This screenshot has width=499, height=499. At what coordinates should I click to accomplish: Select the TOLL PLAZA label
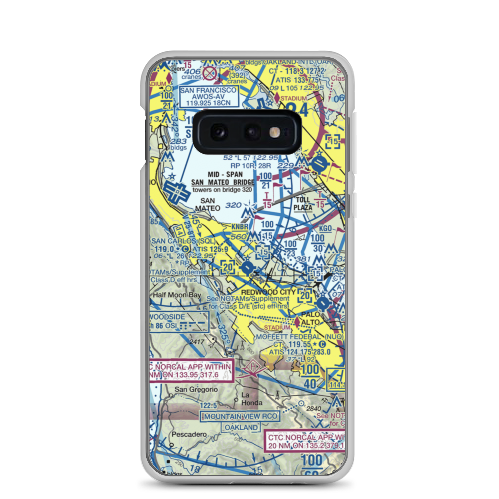(x=303, y=203)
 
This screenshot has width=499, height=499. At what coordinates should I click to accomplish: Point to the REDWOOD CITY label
(x=268, y=292)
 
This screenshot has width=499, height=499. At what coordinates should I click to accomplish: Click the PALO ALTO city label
(x=313, y=319)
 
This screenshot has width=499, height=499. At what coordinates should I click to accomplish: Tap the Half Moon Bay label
(x=177, y=295)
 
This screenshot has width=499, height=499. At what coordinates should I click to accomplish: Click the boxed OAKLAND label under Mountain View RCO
(x=242, y=428)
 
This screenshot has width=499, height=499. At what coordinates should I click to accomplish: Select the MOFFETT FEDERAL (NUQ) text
(x=299, y=337)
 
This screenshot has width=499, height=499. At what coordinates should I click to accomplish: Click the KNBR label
(x=241, y=227)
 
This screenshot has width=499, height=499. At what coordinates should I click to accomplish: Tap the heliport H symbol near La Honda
(x=252, y=367)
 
